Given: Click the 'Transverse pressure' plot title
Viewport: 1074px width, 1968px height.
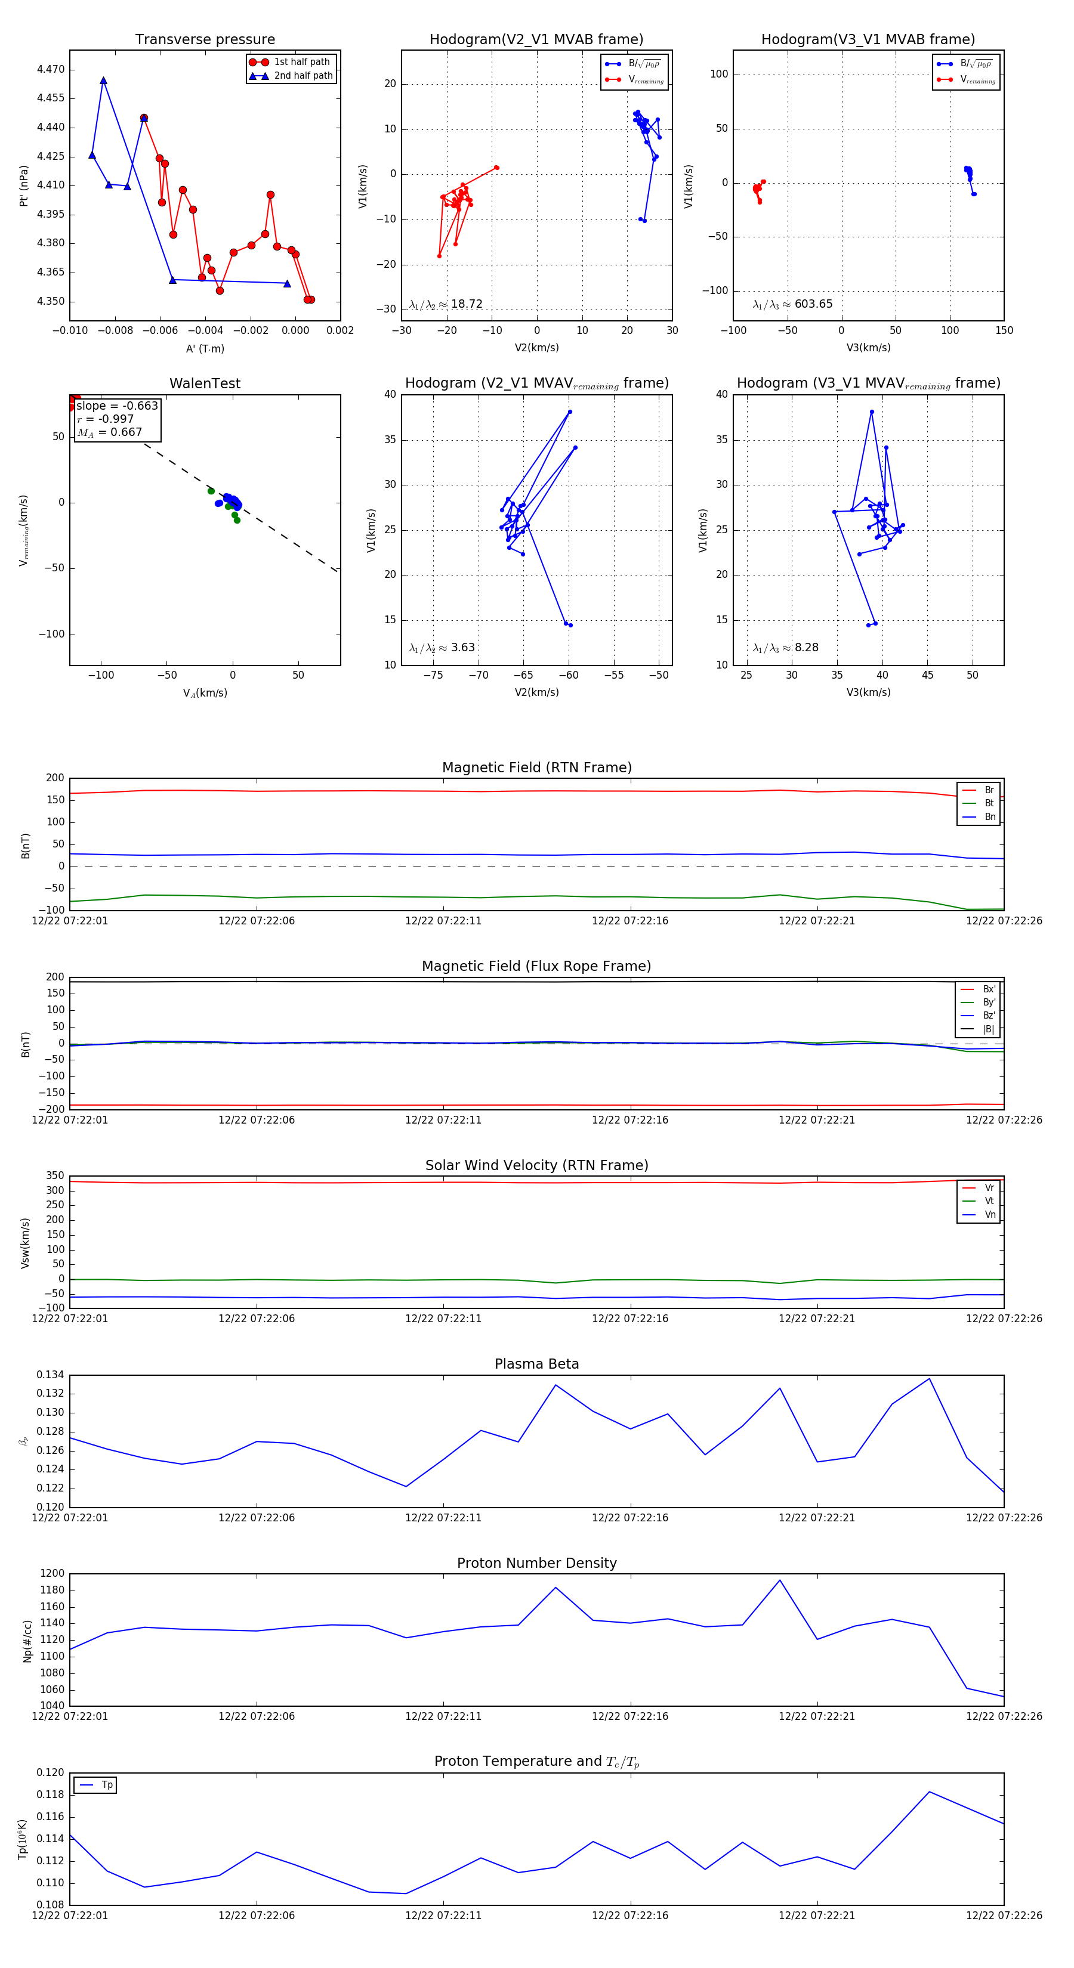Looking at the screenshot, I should pos(205,40).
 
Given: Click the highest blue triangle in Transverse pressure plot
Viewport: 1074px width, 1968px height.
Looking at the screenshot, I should pos(103,81).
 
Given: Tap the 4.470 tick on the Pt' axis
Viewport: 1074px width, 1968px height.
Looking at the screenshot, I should pos(51,70).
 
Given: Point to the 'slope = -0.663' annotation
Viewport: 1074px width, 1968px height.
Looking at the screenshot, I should pos(117,406).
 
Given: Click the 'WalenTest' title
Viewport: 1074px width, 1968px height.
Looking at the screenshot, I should pos(205,383).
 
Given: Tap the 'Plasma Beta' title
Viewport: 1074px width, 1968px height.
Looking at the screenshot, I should pos(536,1364).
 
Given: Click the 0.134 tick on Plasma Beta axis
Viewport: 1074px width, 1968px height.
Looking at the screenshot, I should pos(51,1375).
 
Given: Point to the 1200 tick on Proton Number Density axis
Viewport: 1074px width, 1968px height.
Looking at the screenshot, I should pos(52,1574).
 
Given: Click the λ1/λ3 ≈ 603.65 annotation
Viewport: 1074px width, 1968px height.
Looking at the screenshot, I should pos(792,304).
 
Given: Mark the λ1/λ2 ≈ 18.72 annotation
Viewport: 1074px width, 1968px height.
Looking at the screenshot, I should pos(446,304).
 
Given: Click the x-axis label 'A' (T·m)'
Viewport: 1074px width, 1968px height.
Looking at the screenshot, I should pos(205,348).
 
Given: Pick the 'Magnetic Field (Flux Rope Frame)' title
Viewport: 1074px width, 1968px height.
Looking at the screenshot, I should pos(536,967).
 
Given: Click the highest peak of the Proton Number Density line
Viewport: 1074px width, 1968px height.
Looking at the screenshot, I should pos(780,1581).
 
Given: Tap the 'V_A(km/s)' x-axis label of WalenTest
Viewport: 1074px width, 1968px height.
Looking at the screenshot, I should pos(205,693).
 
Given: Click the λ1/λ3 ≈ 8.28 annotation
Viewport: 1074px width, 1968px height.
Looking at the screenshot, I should pos(785,648).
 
